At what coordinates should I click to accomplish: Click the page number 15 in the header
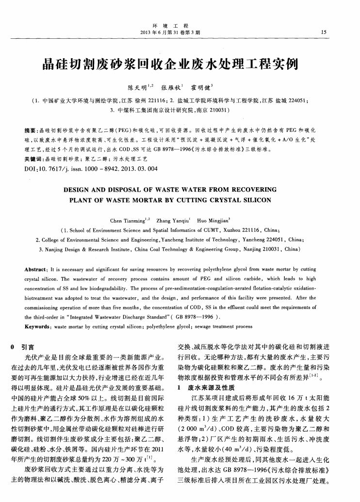(x=324, y=32)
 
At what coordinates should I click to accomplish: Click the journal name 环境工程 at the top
(x=180, y=24)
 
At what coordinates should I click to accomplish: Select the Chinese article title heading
(x=180, y=63)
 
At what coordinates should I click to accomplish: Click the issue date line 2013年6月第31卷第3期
(x=180, y=32)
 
